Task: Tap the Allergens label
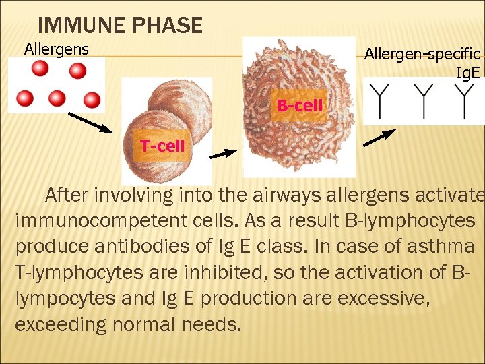tap(57, 49)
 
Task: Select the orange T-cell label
tap(162, 146)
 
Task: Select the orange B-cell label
tap(300, 105)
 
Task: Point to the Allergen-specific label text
tap(422, 53)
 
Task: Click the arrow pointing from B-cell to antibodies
tap(379, 137)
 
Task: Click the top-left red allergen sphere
tap(40, 68)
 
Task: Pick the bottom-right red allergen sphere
tap(92, 100)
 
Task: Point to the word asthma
tap(441, 247)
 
